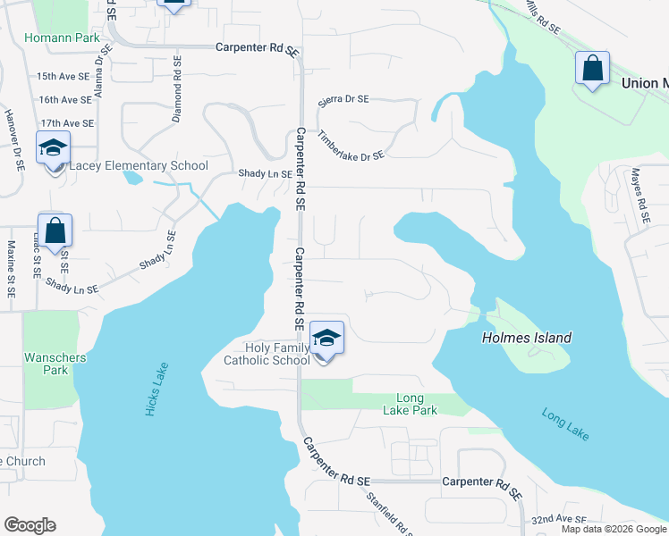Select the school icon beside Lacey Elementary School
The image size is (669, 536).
click(53, 149)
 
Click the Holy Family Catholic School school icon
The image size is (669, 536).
click(327, 339)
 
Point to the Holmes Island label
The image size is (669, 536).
click(526, 338)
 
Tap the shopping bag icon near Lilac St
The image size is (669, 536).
click(55, 231)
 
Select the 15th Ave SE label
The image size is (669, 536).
click(64, 77)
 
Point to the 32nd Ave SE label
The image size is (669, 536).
click(558, 519)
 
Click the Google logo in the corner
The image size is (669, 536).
click(30, 525)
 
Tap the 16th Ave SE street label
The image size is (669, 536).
click(64, 99)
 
